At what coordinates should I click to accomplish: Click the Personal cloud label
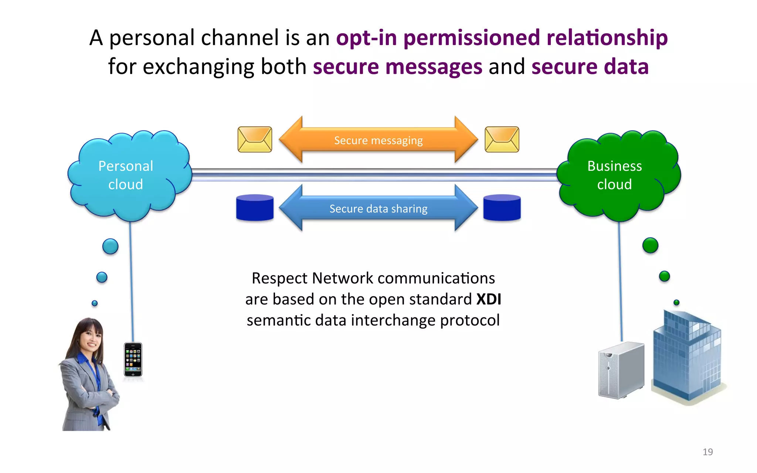[126, 175]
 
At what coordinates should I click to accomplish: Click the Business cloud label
[614, 175]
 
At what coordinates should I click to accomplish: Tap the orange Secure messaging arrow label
[378, 140]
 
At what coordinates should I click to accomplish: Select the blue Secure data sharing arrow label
[378, 209]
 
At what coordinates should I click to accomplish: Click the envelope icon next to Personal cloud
[255, 139]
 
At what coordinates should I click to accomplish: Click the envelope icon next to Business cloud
[502, 139]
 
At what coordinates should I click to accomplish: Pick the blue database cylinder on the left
[255, 208]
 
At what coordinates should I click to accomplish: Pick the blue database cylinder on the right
[502, 208]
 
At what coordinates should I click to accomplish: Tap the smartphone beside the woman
[133, 360]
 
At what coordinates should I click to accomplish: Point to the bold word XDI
[489, 299]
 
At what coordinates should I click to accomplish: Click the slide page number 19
[707, 452]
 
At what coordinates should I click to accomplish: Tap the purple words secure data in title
[590, 67]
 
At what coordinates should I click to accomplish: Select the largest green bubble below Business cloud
[650, 245]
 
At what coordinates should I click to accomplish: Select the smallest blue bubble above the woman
[95, 303]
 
